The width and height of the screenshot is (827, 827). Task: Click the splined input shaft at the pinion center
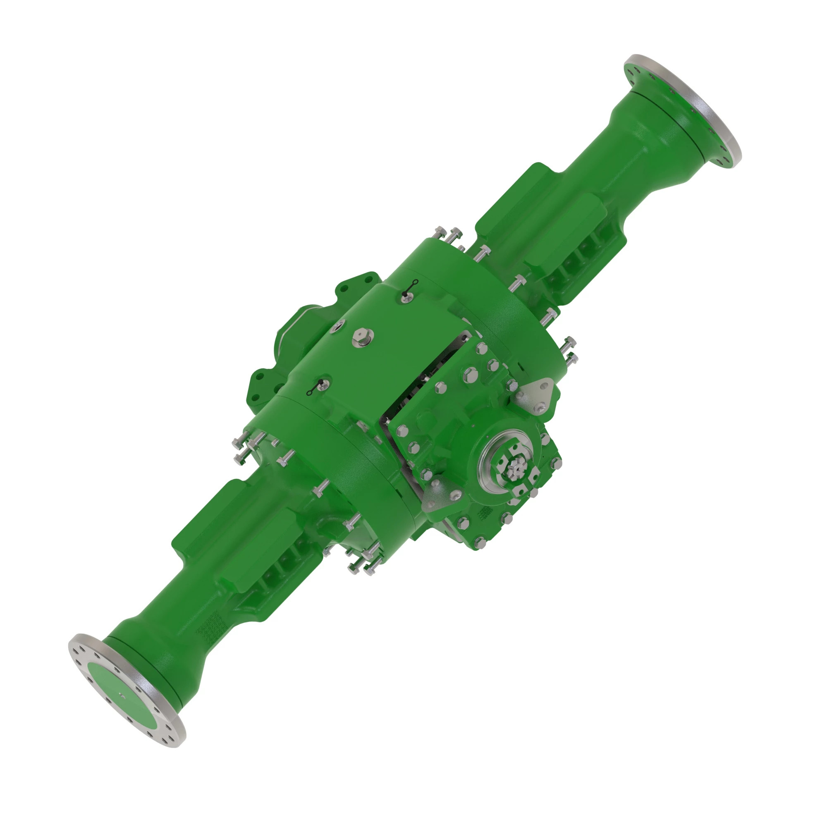tap(514, 470)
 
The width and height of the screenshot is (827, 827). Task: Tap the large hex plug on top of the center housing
tap(363, 338)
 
